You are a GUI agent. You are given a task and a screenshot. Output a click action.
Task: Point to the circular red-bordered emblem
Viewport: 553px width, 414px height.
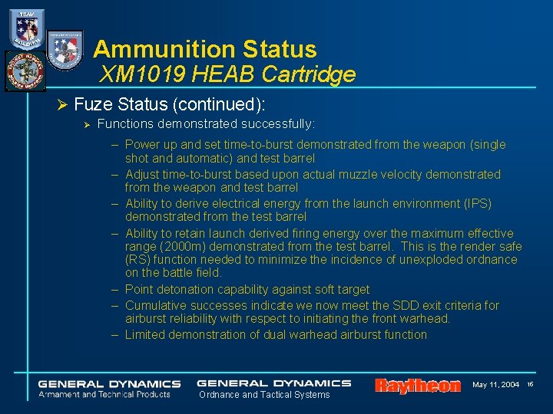coord(25,71)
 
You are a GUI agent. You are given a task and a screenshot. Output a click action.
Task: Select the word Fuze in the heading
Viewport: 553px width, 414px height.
coord(93,104)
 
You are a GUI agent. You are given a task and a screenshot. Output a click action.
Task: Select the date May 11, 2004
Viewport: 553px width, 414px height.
coord(495,384)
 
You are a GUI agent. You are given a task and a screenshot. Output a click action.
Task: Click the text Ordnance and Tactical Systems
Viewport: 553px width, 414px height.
coord(264,395)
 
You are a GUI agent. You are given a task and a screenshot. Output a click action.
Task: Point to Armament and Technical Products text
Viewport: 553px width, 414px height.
coord(106,394)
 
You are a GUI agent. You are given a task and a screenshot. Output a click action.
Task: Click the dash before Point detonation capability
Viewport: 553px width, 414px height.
coord(114,290)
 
